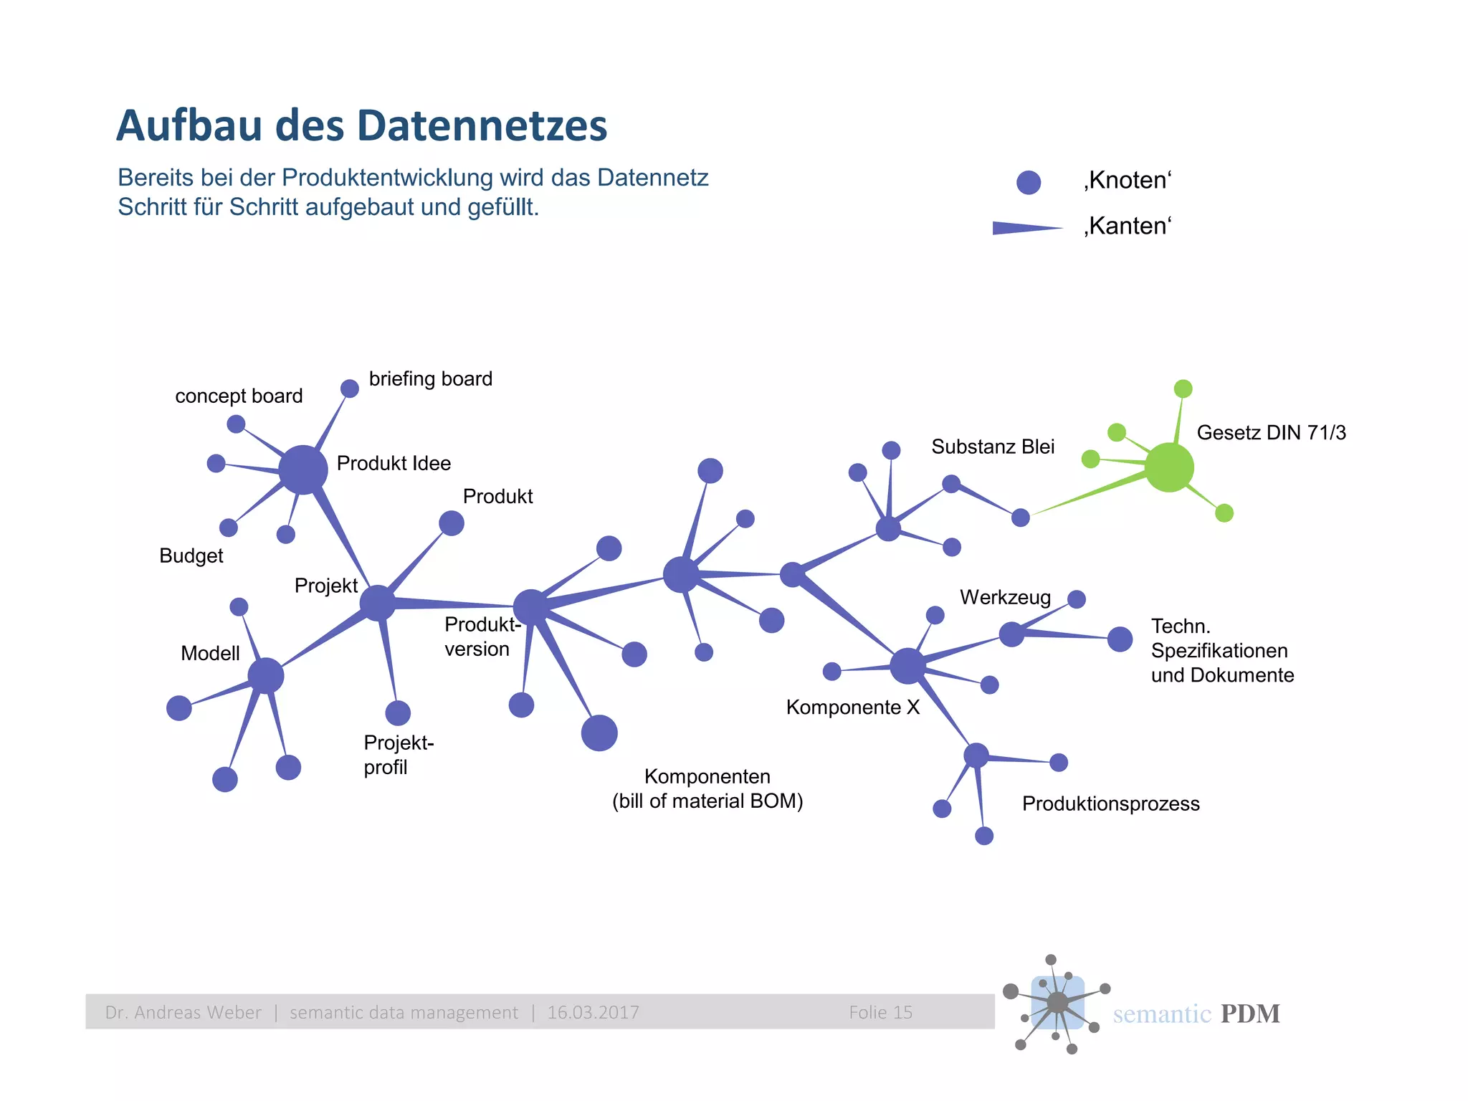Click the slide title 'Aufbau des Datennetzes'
coord(361,125)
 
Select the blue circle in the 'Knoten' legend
coord(1028,183)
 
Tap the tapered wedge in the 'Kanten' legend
coord(1026,228)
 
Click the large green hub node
coord(1168,467)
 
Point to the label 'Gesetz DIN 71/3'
coord(1271,432)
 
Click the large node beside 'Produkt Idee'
coord(302,470)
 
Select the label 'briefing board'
coord(430,378)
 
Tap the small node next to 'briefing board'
coord(349,389)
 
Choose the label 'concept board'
coord(239,396)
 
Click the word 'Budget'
coord(191,556)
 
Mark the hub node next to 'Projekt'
coord(378,603)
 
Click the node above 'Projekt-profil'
coord(398,712)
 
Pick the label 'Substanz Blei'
coord(993,447)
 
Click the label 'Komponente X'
coord(852,707)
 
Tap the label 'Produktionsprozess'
coord(1110,804)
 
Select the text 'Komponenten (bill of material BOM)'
coord(707,788)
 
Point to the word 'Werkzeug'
coord(1005,597)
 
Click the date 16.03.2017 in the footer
coord(593,1012)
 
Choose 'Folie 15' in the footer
coord(880,1012)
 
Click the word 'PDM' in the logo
coord(1249,1014)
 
